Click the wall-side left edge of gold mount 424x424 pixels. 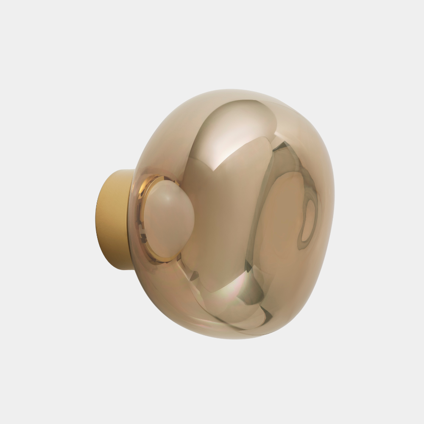97,218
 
